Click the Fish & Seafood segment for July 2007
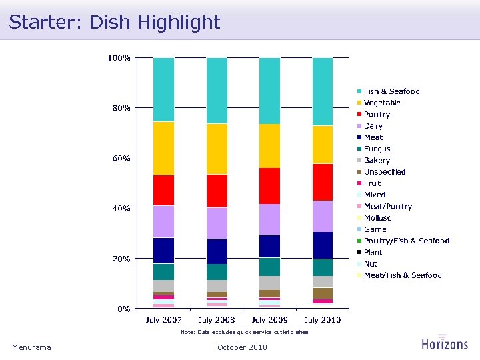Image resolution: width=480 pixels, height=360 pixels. [163, 89]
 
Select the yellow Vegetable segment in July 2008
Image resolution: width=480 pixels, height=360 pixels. [217, 149]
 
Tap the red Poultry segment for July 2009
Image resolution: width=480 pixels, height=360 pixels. [270, 185]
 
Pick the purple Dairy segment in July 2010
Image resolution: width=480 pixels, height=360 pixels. [323, 216]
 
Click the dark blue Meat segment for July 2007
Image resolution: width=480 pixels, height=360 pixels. [163, 250]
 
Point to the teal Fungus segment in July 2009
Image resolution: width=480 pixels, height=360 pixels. [270, 267]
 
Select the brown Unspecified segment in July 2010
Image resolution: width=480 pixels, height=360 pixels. [323, 293]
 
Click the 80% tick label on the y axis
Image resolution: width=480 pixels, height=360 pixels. [119, 107]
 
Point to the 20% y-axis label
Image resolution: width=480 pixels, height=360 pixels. [119, 259]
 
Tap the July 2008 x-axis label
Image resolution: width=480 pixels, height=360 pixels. [217, 320]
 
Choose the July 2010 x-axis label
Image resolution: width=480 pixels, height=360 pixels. [323, 320]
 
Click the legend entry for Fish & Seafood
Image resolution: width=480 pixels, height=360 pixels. [391, 91]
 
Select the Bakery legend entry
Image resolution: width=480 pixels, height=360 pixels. [377, 161]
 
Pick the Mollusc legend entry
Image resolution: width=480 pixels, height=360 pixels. [377, 218]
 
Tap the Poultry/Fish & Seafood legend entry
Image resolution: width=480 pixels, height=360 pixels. [406, 241]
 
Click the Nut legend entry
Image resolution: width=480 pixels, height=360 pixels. [370, 264]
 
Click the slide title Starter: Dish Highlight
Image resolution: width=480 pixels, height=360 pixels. [115, 22]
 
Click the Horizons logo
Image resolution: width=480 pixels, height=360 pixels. [445, 343]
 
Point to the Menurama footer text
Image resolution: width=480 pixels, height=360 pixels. [31, 347]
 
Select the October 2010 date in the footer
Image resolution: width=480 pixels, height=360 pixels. [242, 347]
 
